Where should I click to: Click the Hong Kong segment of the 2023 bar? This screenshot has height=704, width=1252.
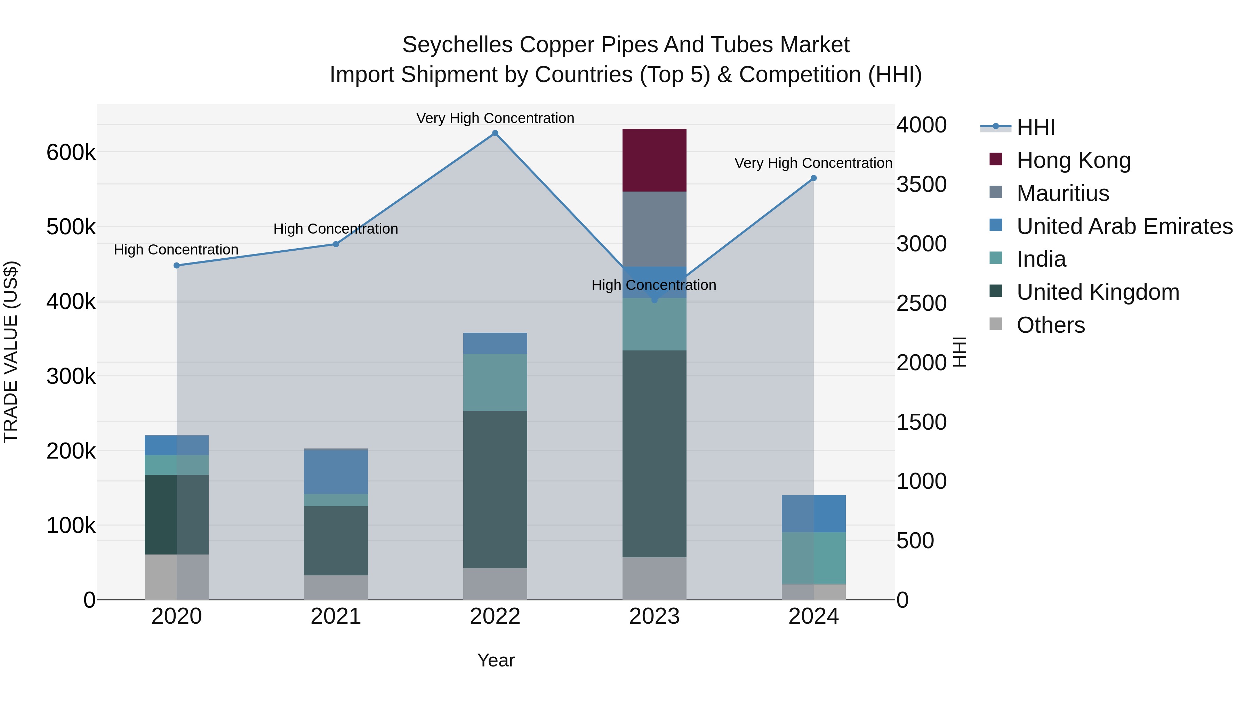coord(654,160)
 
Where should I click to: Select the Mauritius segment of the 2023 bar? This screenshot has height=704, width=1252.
coord(654,229)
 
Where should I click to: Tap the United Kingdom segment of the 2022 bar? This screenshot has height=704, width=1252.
coord(495,489)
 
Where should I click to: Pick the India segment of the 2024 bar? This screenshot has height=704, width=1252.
coord(813,558)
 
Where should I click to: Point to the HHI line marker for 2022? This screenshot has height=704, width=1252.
coord(495,133)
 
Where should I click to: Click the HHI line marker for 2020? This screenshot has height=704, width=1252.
coord(176,265)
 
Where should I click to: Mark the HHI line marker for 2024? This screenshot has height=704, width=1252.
coord(813,178)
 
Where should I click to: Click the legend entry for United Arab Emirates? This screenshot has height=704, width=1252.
coord(1124,226)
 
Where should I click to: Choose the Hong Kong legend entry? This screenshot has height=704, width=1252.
coord(1073,160)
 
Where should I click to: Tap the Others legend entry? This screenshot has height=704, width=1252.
coord(1050,325)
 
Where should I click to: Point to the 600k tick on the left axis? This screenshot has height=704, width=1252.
coord(71,153)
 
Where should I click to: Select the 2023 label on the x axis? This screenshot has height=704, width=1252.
coord(654,616)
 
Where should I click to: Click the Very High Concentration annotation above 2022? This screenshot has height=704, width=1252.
coord(495,118)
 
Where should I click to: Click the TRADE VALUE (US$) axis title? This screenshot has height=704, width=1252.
coord(11,352)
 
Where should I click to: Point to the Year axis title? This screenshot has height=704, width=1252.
coord(496,660)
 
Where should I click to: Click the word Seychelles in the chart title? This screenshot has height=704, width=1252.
coord(457,45)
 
